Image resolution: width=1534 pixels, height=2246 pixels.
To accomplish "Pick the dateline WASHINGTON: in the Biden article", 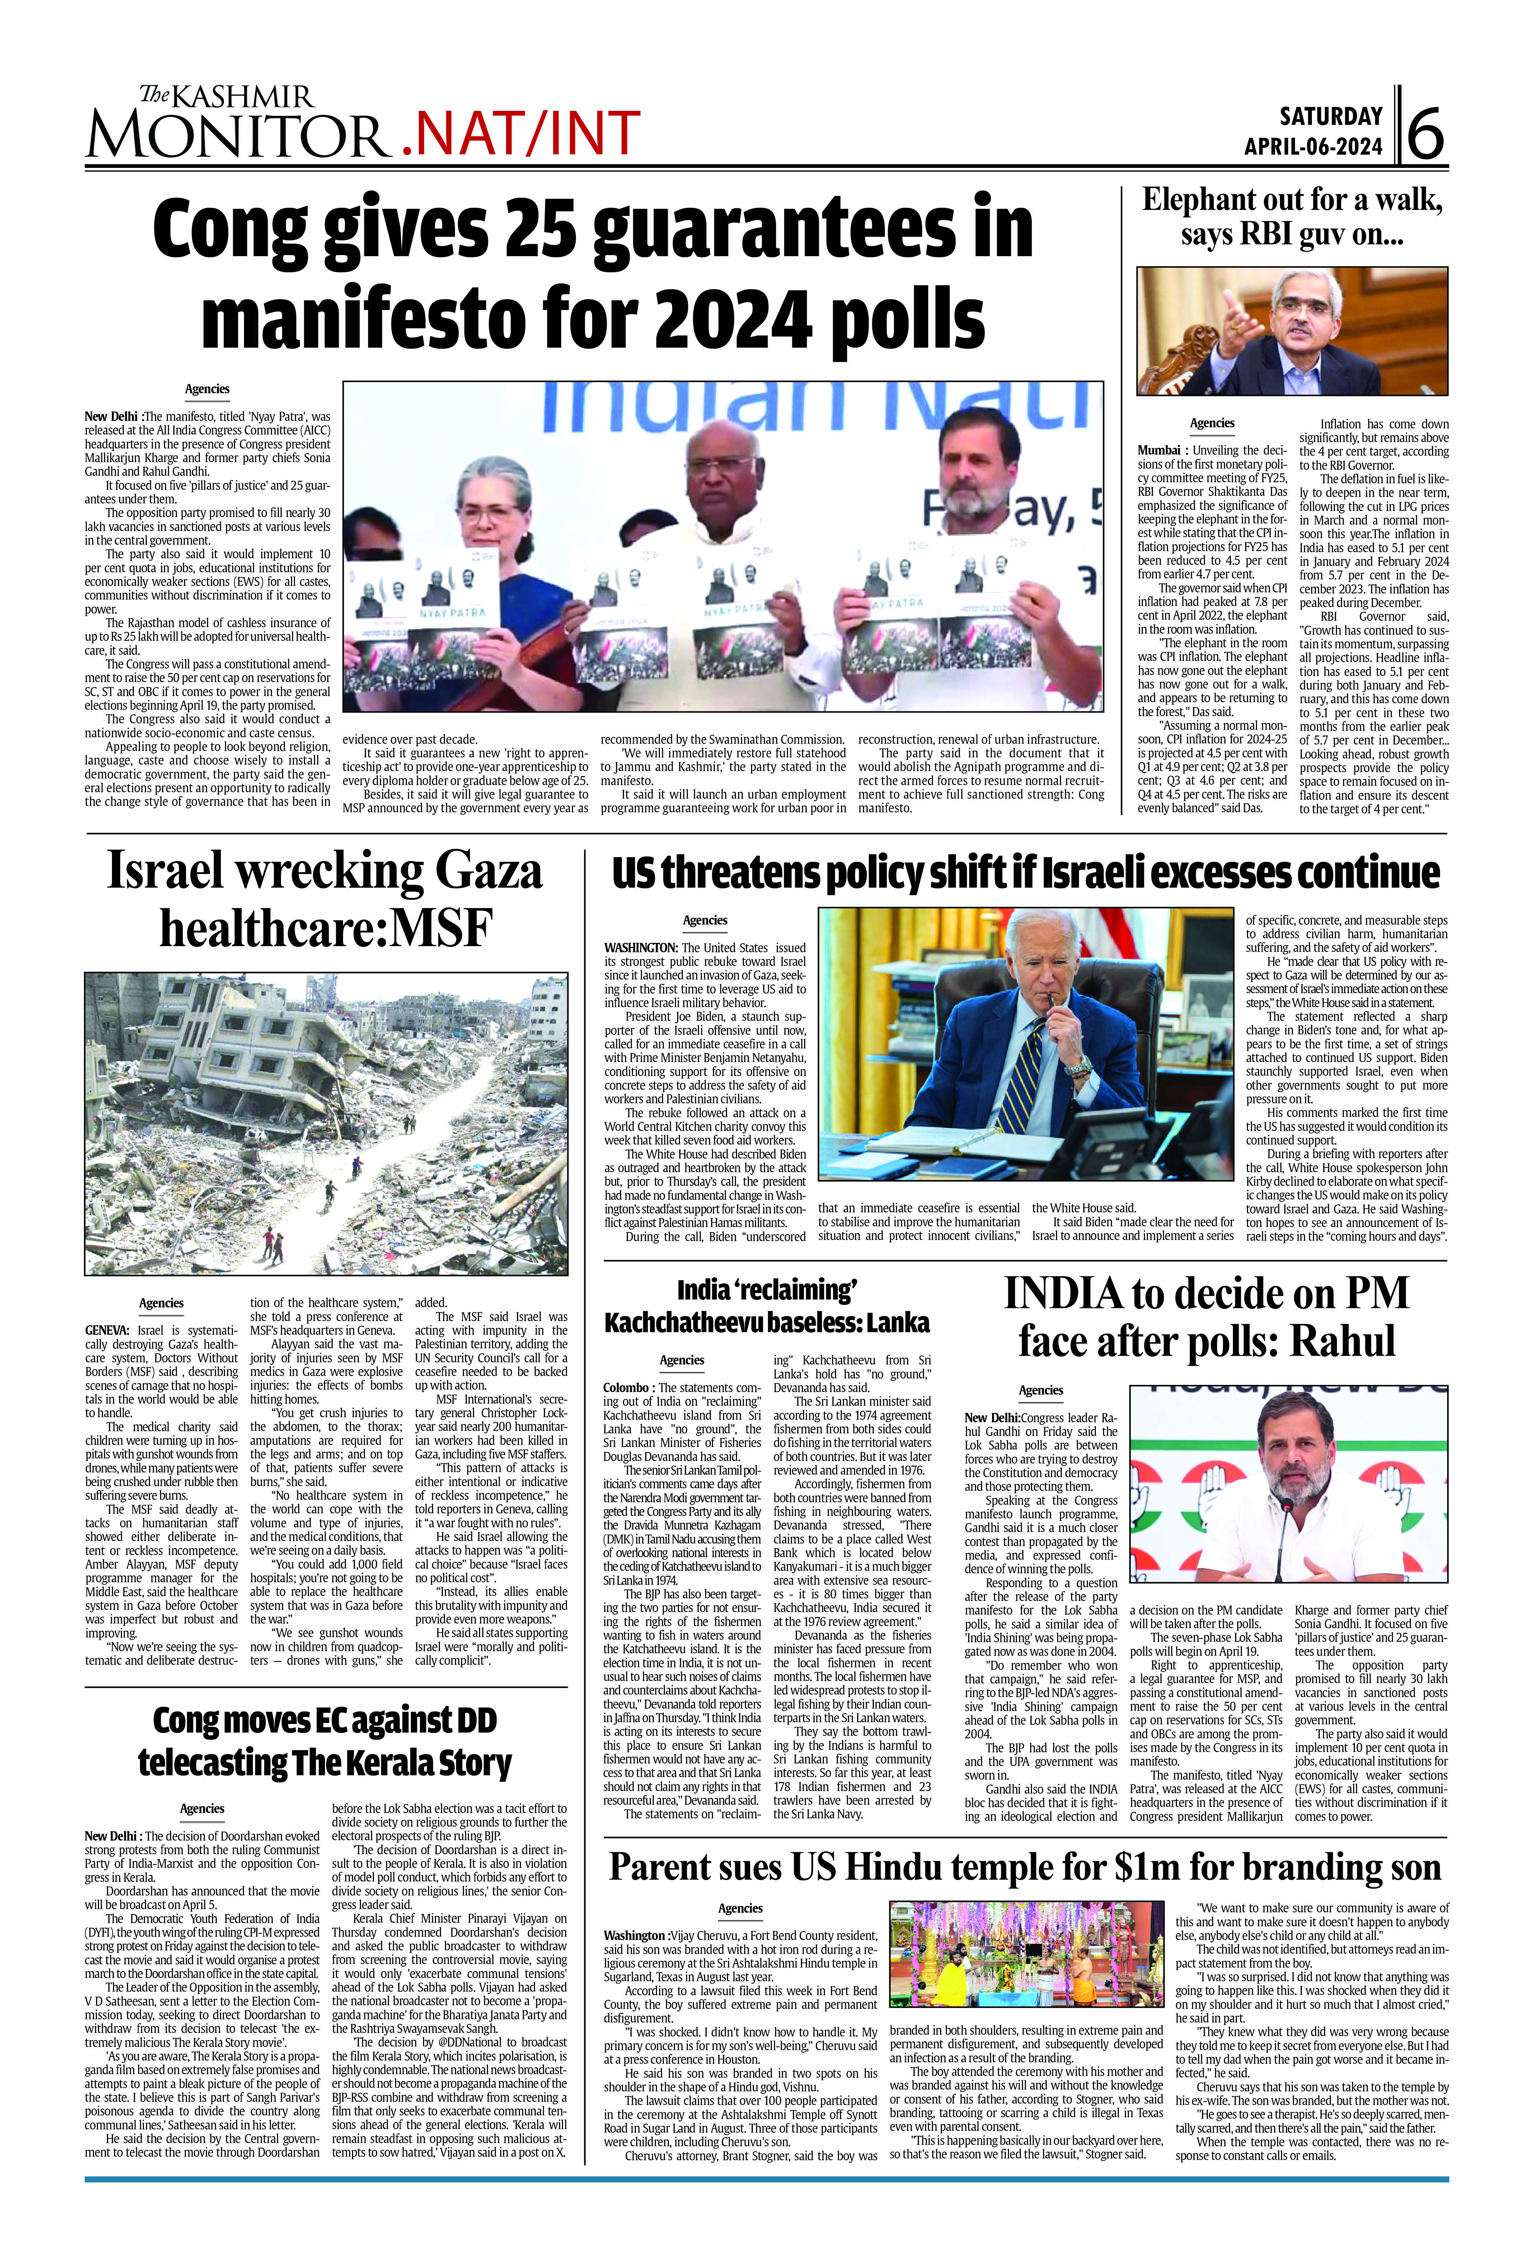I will pyautogui.click(x=640, y=948).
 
